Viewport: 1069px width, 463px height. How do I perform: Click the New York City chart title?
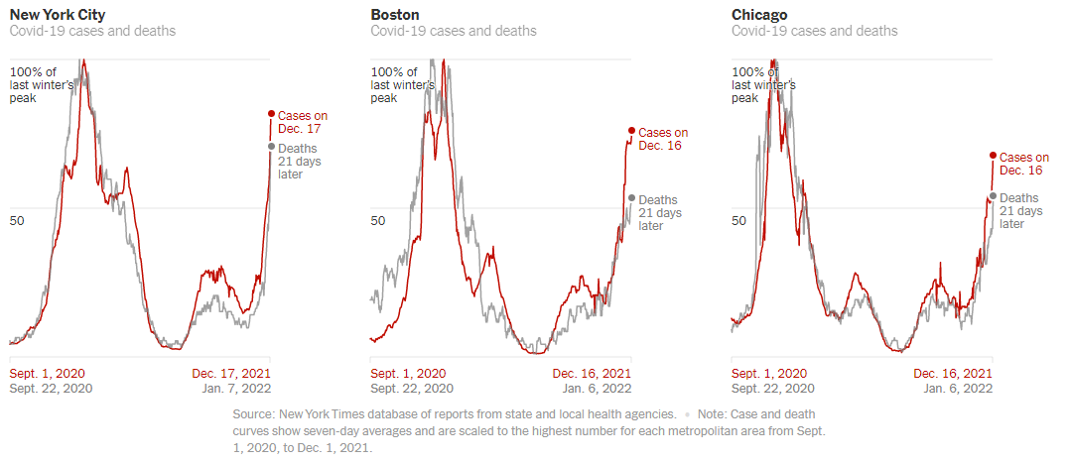58,15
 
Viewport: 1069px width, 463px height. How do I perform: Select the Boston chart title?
394,15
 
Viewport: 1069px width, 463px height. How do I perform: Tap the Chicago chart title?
759,15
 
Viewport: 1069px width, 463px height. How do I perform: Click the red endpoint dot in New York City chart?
271,113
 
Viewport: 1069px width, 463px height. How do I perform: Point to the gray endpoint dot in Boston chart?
631,198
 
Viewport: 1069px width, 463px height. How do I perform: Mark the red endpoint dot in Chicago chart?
993,155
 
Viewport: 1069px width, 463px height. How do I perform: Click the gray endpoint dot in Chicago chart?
993,195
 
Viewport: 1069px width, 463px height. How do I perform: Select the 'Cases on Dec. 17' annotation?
302,122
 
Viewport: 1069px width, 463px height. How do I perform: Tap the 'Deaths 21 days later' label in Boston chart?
659,212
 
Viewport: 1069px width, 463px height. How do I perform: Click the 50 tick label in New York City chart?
17,220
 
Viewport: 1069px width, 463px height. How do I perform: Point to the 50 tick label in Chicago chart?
739,220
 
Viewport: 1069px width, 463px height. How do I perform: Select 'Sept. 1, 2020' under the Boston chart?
408,374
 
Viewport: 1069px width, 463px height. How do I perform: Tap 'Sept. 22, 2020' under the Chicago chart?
773,389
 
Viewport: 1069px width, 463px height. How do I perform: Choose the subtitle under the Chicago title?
814,31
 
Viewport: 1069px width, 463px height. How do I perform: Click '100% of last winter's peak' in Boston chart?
402,86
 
